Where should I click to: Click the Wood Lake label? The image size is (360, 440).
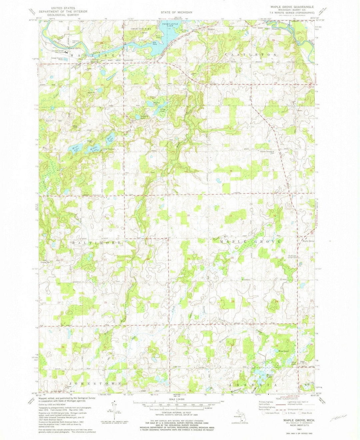point(283,351)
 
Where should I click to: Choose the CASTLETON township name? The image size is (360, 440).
point(251,54)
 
